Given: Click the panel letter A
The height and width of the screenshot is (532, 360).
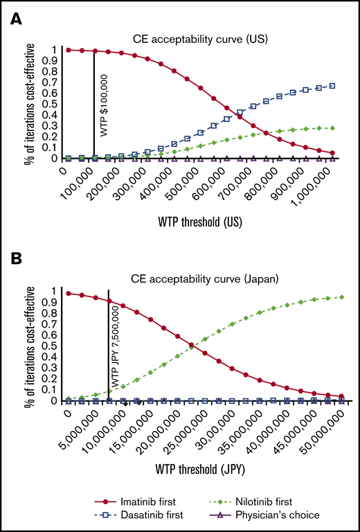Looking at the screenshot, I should coord(15,21).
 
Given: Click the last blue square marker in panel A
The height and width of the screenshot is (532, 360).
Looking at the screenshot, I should coord(333,86).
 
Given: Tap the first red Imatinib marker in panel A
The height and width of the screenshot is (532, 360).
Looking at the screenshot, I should coord(68,50).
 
